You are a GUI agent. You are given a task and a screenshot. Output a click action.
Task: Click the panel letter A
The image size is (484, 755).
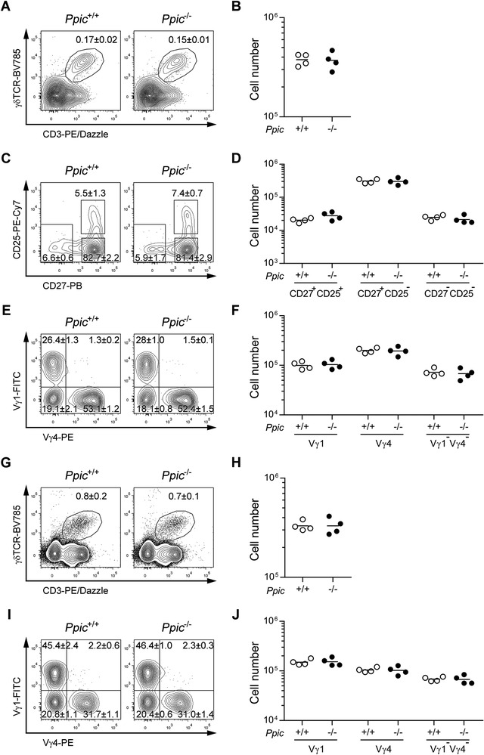coord(6,7)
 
